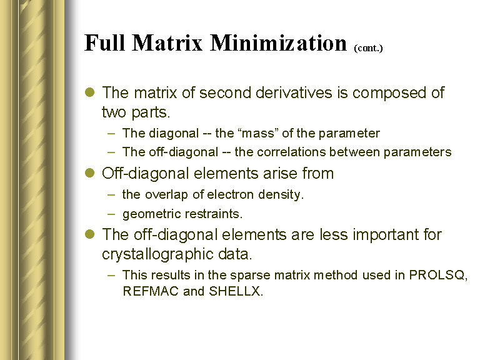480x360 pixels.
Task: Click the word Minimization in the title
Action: pyautogui.click(x=278, y=42)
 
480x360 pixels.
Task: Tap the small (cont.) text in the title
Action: pyautogui.click(x=368, y=48)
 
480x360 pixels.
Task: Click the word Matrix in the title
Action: pyautogui.click(x=167, y=42)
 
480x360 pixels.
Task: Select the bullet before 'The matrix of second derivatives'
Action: pyautogui.click(x=89, y=92)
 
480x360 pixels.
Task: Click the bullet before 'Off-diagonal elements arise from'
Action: pyautogui.click(x=89, y=172)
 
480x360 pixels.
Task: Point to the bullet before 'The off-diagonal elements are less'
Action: pyautogui.click(x=89, y=234)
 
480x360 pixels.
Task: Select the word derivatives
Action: pyautogui.click(x=294, y=92)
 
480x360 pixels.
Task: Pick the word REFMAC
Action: pyautogui.click(x=150, y=291)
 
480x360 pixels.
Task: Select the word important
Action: pyautogui.click(x=386, y=235)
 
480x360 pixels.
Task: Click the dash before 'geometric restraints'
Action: pyautogui.click(x=111, y=214)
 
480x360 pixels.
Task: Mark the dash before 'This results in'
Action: pyautogui.click(x=111, y=275)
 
